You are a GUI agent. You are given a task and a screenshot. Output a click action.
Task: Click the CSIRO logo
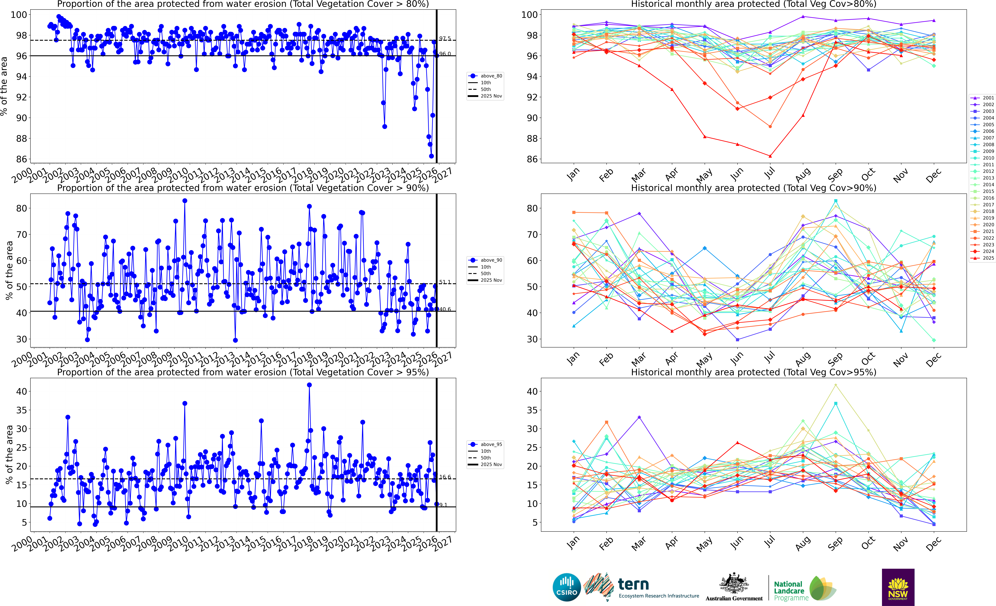567,587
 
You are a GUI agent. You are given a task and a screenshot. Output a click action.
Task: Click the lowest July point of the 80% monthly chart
770,156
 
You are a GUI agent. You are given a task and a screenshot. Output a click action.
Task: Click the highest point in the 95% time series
309,385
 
